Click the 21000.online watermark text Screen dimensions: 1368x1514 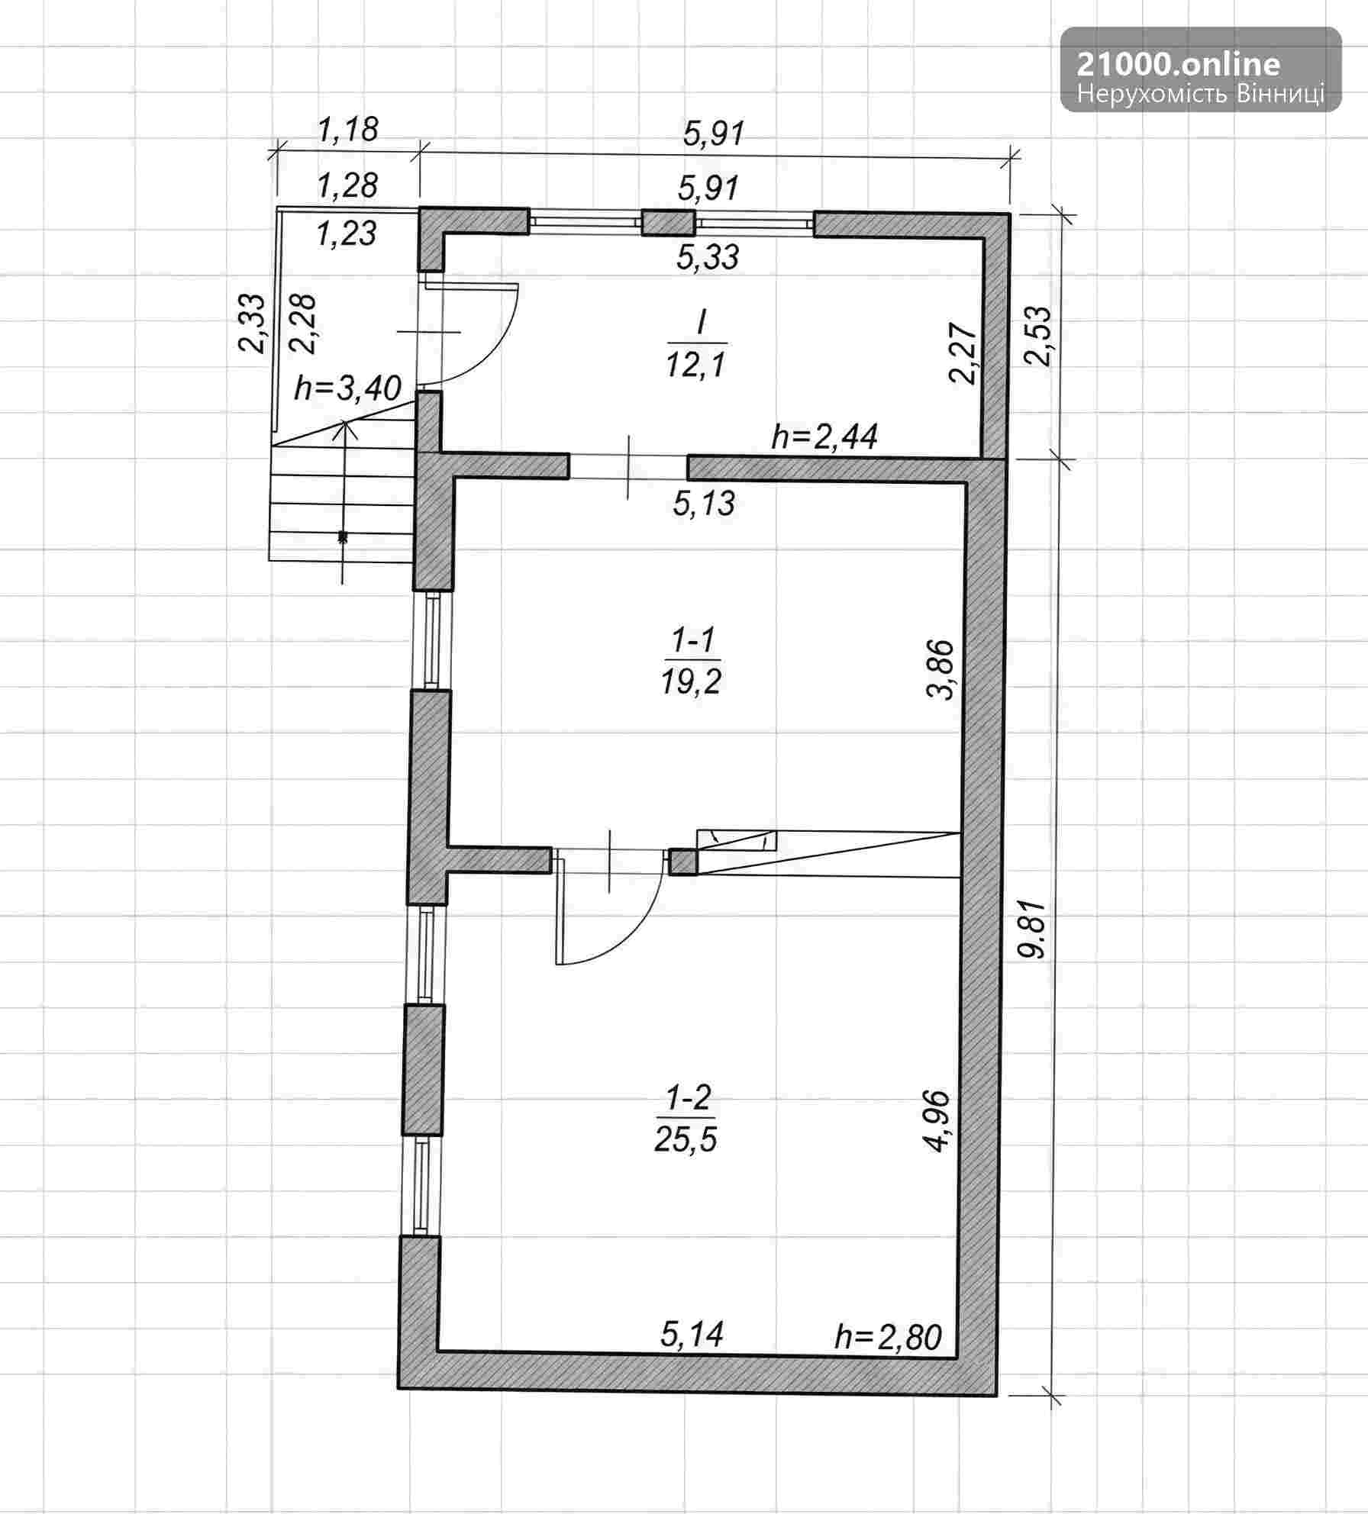click(1178, 64)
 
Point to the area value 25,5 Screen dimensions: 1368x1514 click(686, 1139)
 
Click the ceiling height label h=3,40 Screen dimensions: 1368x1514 click(347, 388)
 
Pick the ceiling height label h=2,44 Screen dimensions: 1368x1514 click(824, 436)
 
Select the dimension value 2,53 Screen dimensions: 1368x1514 click(1039, 337)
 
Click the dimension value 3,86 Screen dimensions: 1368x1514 click(940, 669)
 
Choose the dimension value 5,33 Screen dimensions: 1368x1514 click(708, 257)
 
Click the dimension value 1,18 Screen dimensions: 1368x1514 click(348, 130)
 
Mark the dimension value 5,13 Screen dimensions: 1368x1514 click(704, 504)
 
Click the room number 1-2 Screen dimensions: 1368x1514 click(689, 1100)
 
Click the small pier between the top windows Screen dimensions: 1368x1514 click(669, 223)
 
